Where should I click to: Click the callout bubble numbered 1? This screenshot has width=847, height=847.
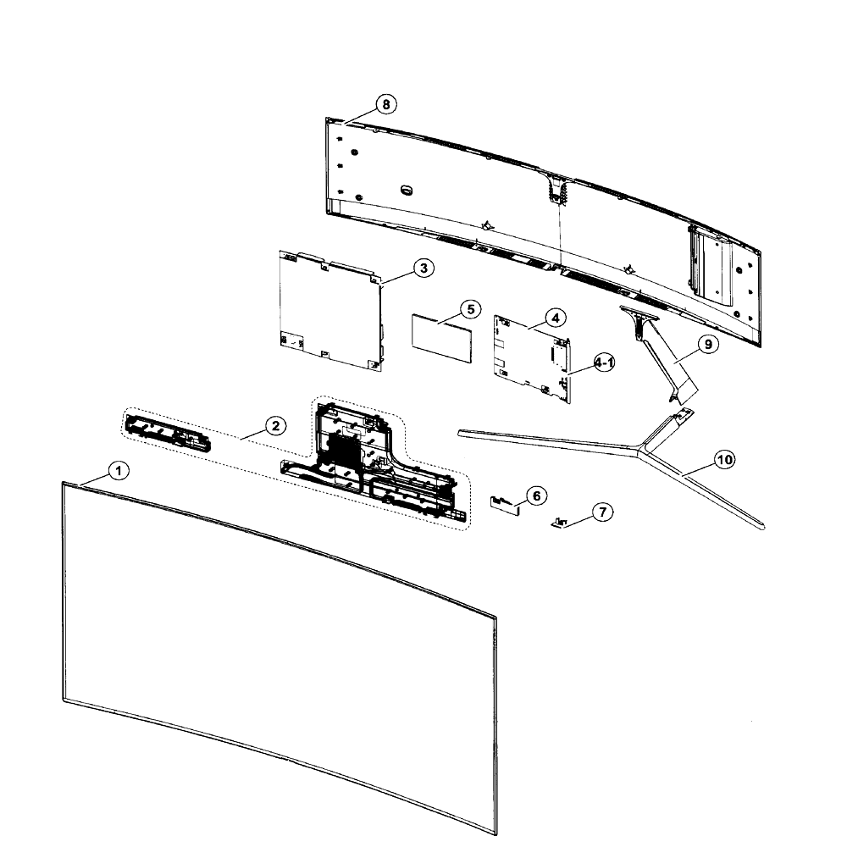coord(119,470)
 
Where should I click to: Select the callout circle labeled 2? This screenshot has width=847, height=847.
coord(275,426)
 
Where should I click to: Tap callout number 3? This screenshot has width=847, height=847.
coord(423,268)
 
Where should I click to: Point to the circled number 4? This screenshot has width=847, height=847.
coord(556,318)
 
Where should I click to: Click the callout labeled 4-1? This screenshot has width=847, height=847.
coord(604,363)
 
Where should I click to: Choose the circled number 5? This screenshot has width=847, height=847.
coord(470,309)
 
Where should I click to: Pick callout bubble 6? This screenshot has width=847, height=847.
coord(536,495)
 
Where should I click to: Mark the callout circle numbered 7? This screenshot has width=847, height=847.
coord(603,512)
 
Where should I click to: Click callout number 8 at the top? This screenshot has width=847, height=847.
coord(385,103)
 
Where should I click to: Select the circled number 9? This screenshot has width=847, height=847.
coord(708,344)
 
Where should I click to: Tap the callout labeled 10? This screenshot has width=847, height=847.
coord(724,460)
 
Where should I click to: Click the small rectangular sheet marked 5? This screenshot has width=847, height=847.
coord(441,339)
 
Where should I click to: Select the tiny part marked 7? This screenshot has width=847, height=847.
coord(560,523)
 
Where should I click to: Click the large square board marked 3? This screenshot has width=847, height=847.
coord(330,311)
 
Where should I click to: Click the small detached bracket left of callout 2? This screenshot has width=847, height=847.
coord(167,432)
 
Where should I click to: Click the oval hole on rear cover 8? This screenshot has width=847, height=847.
coord(407,190)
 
